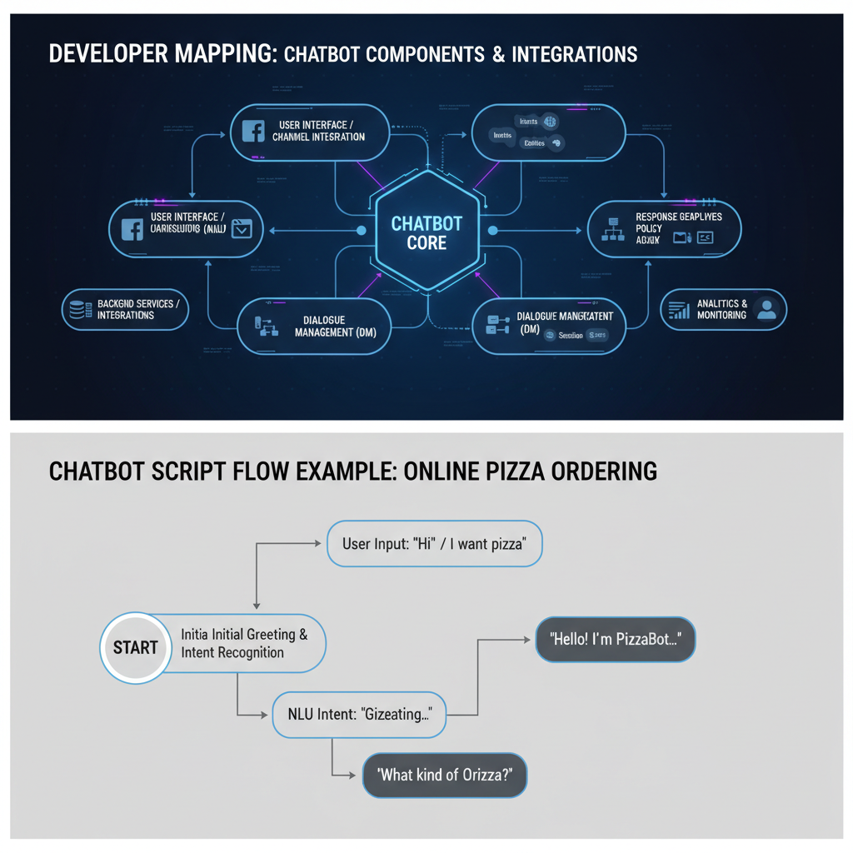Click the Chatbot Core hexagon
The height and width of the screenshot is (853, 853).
point(426,231)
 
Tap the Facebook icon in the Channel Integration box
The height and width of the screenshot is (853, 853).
point(252,131)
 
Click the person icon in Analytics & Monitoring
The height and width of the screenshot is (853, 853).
point(766,310)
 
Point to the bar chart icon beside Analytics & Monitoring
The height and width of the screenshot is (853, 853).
point(679,310)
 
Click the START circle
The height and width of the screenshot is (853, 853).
point(135,647)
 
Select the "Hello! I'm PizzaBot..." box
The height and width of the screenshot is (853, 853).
point(615,640)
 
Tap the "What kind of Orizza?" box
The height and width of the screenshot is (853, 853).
point(445,775)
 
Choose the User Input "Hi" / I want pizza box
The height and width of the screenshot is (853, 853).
point(434,544)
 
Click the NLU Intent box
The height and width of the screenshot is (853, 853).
point(359,714)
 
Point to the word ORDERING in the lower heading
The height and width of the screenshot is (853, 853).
point(602,471)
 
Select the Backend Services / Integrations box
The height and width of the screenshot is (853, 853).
point(125,310)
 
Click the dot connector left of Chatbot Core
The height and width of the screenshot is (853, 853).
point(361,231)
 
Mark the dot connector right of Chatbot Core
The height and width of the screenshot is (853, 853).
point(492,231)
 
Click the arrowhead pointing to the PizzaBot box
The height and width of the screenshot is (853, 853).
point(526,640)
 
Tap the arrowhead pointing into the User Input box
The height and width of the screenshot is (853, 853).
point(317,544)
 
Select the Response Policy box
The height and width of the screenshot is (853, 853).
point(664,227)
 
